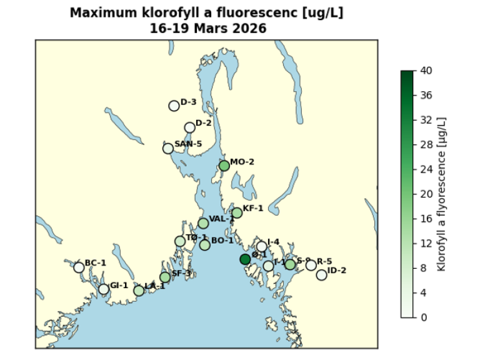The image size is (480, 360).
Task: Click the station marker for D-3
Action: coord(174,106)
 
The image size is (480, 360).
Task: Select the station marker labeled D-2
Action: coord(190,127)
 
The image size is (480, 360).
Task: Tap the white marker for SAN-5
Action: coord(168,148)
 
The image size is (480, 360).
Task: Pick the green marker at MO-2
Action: coord(224,166)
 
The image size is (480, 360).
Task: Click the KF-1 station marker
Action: coord(237,212)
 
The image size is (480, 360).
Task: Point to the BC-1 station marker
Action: coord(79,267)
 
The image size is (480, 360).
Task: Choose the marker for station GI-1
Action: coord(104,289)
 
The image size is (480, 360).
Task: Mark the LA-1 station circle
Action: coord(139,291)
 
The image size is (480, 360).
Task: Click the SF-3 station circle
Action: coord(165,277)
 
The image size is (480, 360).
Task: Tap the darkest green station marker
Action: coord(245,259)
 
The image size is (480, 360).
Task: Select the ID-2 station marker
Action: coord(321,275)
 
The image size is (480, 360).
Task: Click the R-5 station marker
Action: coord(311,265)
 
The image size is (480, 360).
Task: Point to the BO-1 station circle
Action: coord(205,245)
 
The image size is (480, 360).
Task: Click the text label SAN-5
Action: coord(188,144)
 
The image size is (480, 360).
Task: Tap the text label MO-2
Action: coord(242,162)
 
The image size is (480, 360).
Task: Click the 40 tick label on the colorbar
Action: coord(426,71)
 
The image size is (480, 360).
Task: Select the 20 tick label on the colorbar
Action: coord(426,194)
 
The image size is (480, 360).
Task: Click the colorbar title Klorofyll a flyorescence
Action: coord(442,194)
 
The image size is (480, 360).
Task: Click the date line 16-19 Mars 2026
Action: coord(207,28)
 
